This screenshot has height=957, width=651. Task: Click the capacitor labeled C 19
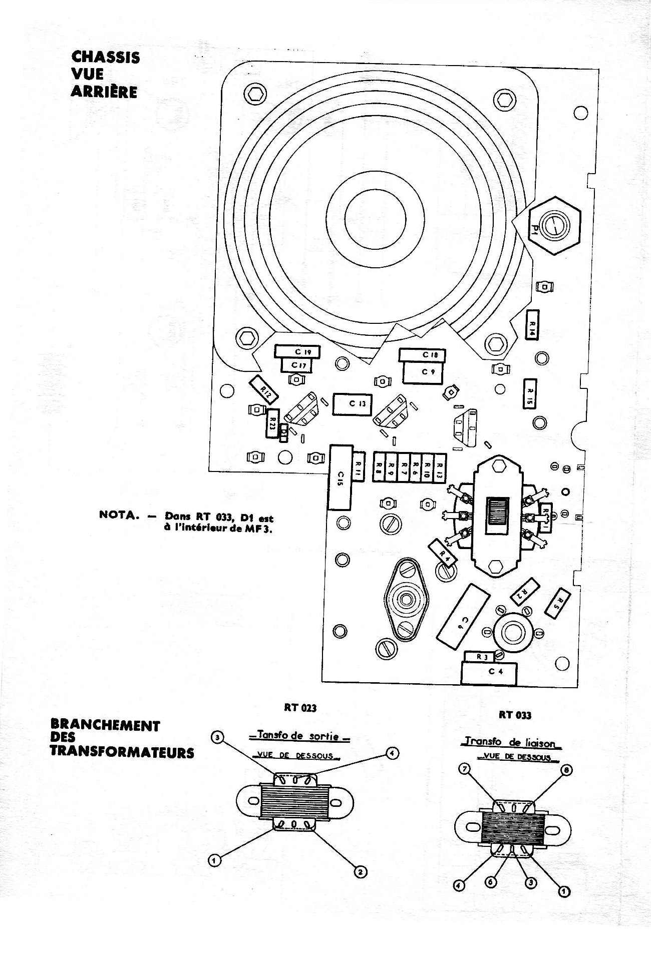point(297,352)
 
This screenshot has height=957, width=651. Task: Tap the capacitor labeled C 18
point(422,355)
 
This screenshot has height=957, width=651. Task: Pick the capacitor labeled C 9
point(422,372)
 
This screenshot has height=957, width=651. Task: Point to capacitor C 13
point(353,404)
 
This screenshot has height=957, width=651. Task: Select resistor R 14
point(531,324)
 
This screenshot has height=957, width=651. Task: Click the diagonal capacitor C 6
point(463,617)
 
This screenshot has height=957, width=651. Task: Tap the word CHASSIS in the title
point(105,57)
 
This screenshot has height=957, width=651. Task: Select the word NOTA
point(119,515)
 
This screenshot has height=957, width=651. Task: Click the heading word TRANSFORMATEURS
point(122,752)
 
